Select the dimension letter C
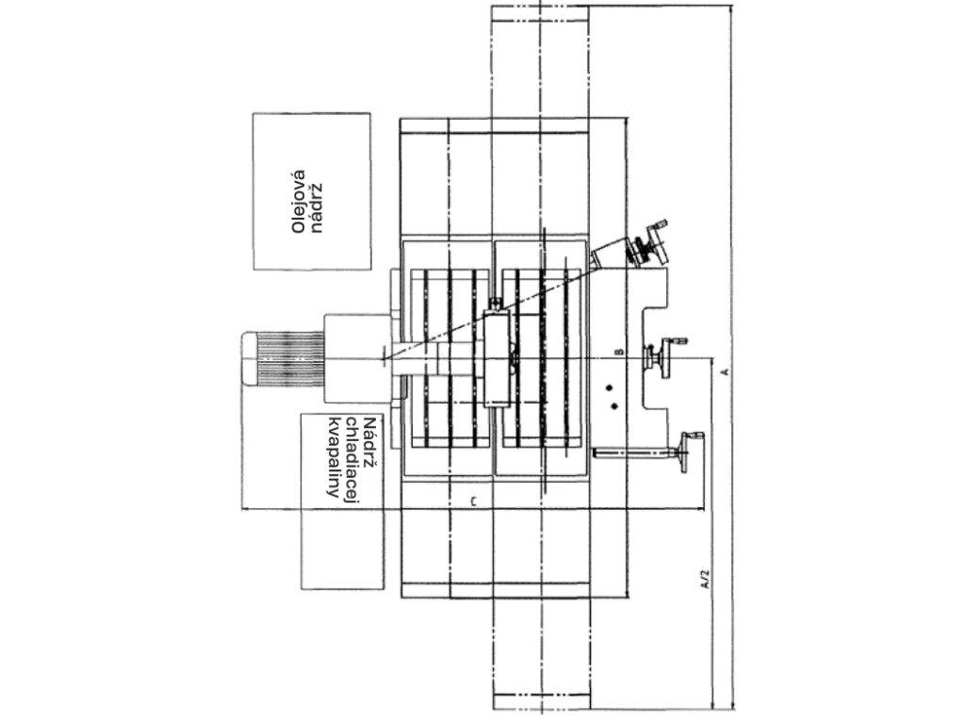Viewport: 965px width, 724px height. [x=473, y=501]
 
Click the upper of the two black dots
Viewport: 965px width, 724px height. [x=612, y=387]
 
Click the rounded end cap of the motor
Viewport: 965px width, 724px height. [x=250, y=358]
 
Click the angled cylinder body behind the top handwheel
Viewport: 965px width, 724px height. [x=613, y=253]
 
